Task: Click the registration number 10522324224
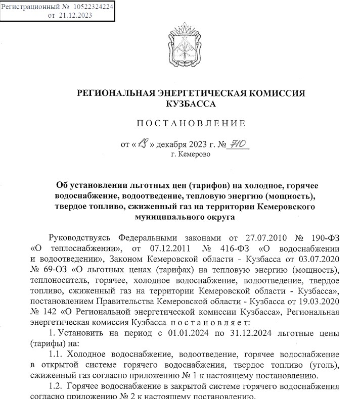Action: click(x=93, y=7)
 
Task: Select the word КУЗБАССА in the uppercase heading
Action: click(x=190, y=104)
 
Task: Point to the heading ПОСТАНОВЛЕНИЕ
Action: click(x=191, y=124)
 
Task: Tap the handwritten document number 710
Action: click(x=237, y=144)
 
